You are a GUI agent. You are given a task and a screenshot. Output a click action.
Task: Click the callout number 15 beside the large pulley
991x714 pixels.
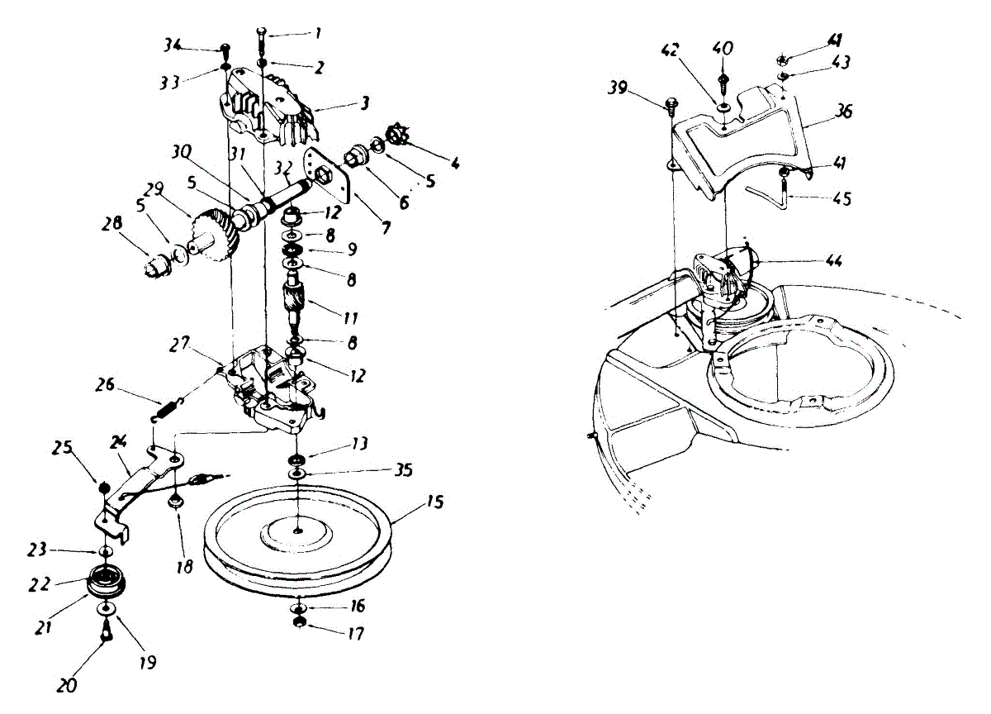point(436,502)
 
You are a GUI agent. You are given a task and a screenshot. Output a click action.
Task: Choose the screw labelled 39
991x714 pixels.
point(671,105)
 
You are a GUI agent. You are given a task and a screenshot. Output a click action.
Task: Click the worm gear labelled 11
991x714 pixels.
point(295,298)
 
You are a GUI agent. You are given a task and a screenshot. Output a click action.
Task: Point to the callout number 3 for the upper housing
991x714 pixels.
point(363,104)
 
